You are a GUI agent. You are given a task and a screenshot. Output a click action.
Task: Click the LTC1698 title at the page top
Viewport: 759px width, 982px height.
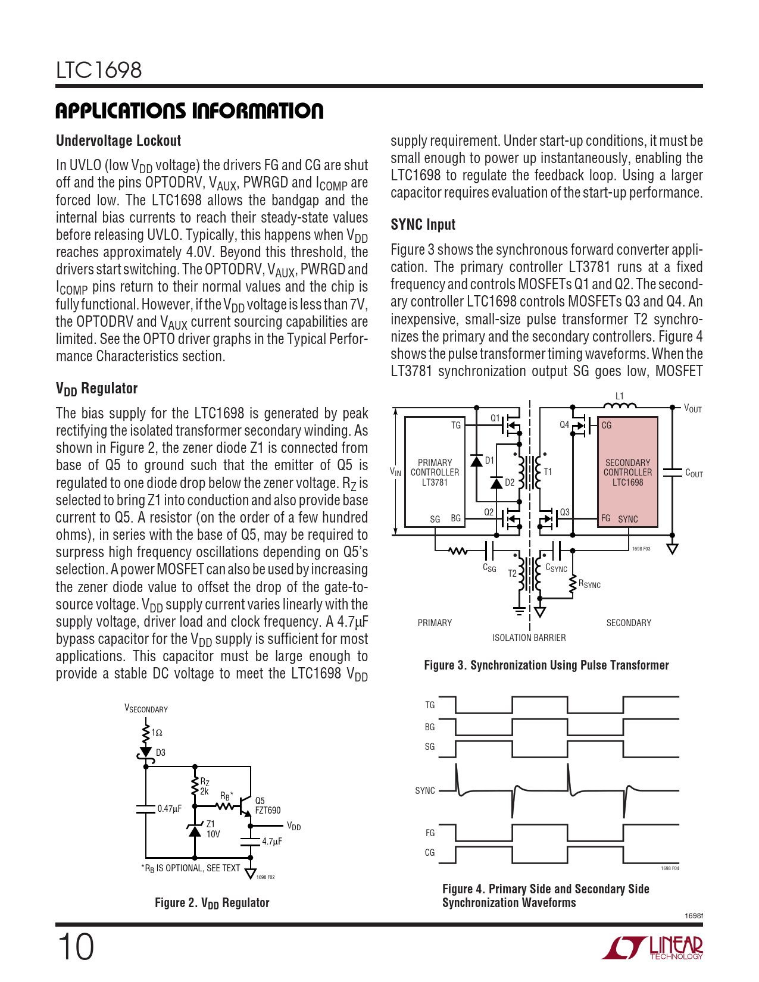point(99,70)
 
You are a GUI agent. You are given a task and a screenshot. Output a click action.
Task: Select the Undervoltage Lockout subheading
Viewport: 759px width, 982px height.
point(118,141)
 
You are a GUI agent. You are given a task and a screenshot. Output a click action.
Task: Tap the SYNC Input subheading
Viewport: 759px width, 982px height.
point(423,225)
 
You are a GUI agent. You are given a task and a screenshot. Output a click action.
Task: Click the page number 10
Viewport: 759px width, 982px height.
point(76,947)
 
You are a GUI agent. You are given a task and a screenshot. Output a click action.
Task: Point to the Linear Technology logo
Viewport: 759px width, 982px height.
point(652,947)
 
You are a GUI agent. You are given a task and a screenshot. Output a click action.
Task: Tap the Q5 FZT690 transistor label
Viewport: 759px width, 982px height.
point(267,806)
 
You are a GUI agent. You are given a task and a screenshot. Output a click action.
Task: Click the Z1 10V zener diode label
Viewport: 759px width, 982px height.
point(213,829)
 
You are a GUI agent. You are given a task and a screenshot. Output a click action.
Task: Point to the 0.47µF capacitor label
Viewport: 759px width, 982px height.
point(169,809)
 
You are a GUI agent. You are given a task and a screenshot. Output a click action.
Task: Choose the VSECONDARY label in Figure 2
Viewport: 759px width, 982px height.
point(146,709)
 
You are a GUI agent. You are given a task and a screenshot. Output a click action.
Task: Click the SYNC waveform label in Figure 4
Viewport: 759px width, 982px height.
point(425,791)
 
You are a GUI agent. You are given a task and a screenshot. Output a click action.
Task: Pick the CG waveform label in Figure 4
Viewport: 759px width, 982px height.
point(430,853)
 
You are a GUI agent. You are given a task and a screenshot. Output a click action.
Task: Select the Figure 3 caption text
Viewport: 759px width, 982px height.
point(546,665)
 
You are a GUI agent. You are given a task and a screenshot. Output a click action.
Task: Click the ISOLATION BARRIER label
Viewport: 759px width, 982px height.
point(529,638)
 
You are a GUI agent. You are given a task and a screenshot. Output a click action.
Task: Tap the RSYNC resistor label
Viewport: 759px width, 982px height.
point(589,584)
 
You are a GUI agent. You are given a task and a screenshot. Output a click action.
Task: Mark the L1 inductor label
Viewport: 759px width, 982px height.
point(619,396)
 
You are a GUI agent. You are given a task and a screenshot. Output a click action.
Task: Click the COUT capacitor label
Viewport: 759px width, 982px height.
point(694,473)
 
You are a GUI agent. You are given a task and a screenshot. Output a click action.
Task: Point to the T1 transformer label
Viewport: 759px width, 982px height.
point(548,472)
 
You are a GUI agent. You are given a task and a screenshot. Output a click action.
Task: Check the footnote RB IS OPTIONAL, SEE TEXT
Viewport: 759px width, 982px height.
point(190,868)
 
